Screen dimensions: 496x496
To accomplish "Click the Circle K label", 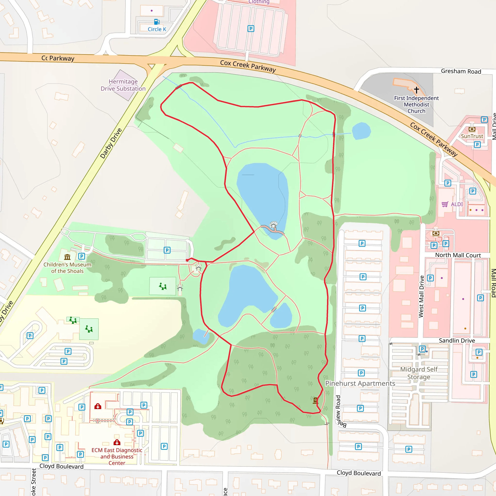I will pos(157,29).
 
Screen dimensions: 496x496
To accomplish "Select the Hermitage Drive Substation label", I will pos(123,85).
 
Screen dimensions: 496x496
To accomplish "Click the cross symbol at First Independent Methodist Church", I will pos(416,90).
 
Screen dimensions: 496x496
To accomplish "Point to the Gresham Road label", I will pos(461,71).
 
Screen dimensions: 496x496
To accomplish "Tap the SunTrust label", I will pos(472,136).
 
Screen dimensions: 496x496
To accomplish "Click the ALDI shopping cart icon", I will pos(445,204).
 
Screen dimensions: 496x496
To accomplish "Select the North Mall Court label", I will pos(458,255).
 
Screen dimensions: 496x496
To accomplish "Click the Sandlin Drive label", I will pos(457,341).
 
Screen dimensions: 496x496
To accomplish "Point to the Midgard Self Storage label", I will pos(419,373).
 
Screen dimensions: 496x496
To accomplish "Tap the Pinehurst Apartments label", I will pos(360,383).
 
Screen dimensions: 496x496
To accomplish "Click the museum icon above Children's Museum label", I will pos(67,257).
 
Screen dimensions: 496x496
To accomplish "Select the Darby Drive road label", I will pos(111,143).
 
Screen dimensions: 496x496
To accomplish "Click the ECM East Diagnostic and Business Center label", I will pos(117,457).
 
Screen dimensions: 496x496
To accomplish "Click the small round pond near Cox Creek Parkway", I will pos(361,131).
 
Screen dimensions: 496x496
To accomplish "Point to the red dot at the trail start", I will pos(187,260).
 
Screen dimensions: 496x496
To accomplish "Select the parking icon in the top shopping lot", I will pos(251,29).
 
